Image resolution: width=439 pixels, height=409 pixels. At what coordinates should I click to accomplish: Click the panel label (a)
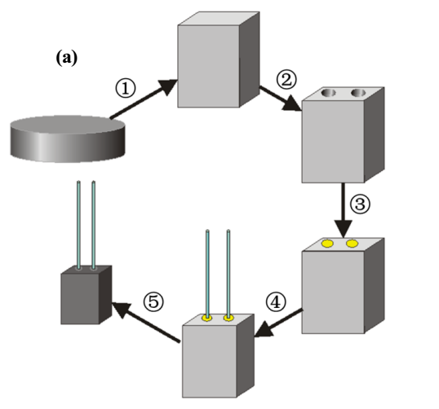(x=67, y=58)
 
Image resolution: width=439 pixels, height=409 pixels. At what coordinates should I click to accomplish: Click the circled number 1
(x=126, y=88)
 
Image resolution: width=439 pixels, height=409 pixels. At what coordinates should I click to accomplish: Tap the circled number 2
(x=286, y=80)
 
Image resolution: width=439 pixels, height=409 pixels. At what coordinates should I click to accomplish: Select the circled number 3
(x=360, y=204)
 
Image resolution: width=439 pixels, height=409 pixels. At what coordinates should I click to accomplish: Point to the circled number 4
(x=276, y=302)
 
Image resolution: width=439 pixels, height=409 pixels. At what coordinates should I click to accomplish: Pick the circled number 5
(x=153, y=302)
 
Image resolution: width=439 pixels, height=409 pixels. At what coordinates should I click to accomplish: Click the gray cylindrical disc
(x=68, y=139)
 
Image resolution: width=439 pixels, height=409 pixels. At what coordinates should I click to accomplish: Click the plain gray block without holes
(x=219, y=59)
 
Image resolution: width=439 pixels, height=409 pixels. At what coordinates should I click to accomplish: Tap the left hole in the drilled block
(x=329, y=93)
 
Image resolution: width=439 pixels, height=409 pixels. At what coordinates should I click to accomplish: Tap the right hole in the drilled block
(x=358, y=93)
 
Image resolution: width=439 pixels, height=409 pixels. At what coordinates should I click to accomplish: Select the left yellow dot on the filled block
(x=327, y=244)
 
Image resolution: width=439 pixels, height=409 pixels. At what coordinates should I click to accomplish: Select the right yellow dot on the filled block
(x=352, y=244)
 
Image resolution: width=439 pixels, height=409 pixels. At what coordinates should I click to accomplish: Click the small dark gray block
(x=86, y=295)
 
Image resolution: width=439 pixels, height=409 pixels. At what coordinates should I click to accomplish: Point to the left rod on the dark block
(x=78, y=226)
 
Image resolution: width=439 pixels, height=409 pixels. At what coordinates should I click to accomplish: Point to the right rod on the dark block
(x=94, y=226)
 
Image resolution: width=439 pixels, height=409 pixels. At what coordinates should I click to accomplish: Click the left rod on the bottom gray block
(x=207, y=275)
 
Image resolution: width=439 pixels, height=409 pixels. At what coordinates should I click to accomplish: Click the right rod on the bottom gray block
(x=228, y=275)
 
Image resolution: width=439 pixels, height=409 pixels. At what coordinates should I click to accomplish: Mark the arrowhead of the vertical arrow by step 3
(x=344, y=229)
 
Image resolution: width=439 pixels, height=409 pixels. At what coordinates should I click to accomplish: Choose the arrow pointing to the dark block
(x=145, y=323)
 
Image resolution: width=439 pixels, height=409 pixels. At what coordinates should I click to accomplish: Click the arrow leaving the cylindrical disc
(x=144, y=99)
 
